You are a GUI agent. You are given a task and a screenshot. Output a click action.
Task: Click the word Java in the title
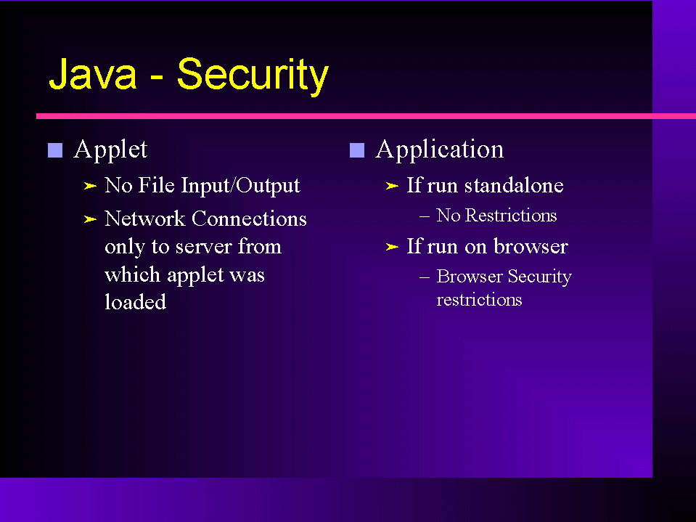pos(92,75)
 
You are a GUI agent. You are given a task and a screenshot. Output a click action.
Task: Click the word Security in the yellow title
pos(253,76)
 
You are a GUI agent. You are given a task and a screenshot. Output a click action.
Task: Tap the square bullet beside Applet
pos(55,150)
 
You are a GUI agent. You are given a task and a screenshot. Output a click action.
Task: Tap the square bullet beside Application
pos(357,150)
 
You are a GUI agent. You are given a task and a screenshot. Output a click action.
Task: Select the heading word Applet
pos(110,150)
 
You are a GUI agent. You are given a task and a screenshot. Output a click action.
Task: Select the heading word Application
pos(440,150)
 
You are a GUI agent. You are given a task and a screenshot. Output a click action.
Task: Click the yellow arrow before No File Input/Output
pos(90,186)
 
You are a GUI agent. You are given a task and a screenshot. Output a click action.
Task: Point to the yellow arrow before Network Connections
pos(90,219)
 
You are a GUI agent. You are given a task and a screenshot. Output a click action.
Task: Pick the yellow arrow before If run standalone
pos(392,186)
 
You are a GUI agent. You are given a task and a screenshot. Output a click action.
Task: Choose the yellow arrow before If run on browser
pos(392,247)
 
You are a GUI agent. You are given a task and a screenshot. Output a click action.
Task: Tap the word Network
pos(144,219)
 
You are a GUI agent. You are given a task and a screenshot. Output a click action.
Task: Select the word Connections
pos(249,219)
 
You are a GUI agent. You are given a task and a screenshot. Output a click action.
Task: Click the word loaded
pos(136,302)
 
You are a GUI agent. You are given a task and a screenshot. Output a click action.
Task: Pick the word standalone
pos(514,186)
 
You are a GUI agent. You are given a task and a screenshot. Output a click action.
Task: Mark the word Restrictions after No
pos(511,216)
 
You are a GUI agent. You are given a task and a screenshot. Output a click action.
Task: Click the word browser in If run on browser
pos(531,246)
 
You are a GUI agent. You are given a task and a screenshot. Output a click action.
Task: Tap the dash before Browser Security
pos(425,278)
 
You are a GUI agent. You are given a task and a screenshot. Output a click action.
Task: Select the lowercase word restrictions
pos(479,300)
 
